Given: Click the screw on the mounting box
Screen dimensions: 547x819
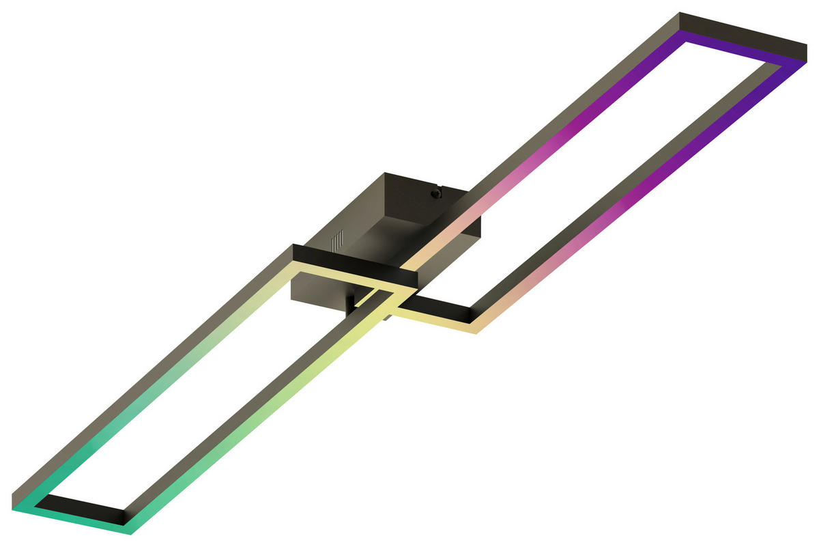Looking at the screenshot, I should point(435,193).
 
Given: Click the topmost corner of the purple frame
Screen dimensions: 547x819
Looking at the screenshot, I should point(680,14).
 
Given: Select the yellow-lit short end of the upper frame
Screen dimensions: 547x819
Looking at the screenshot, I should point(437,320).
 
